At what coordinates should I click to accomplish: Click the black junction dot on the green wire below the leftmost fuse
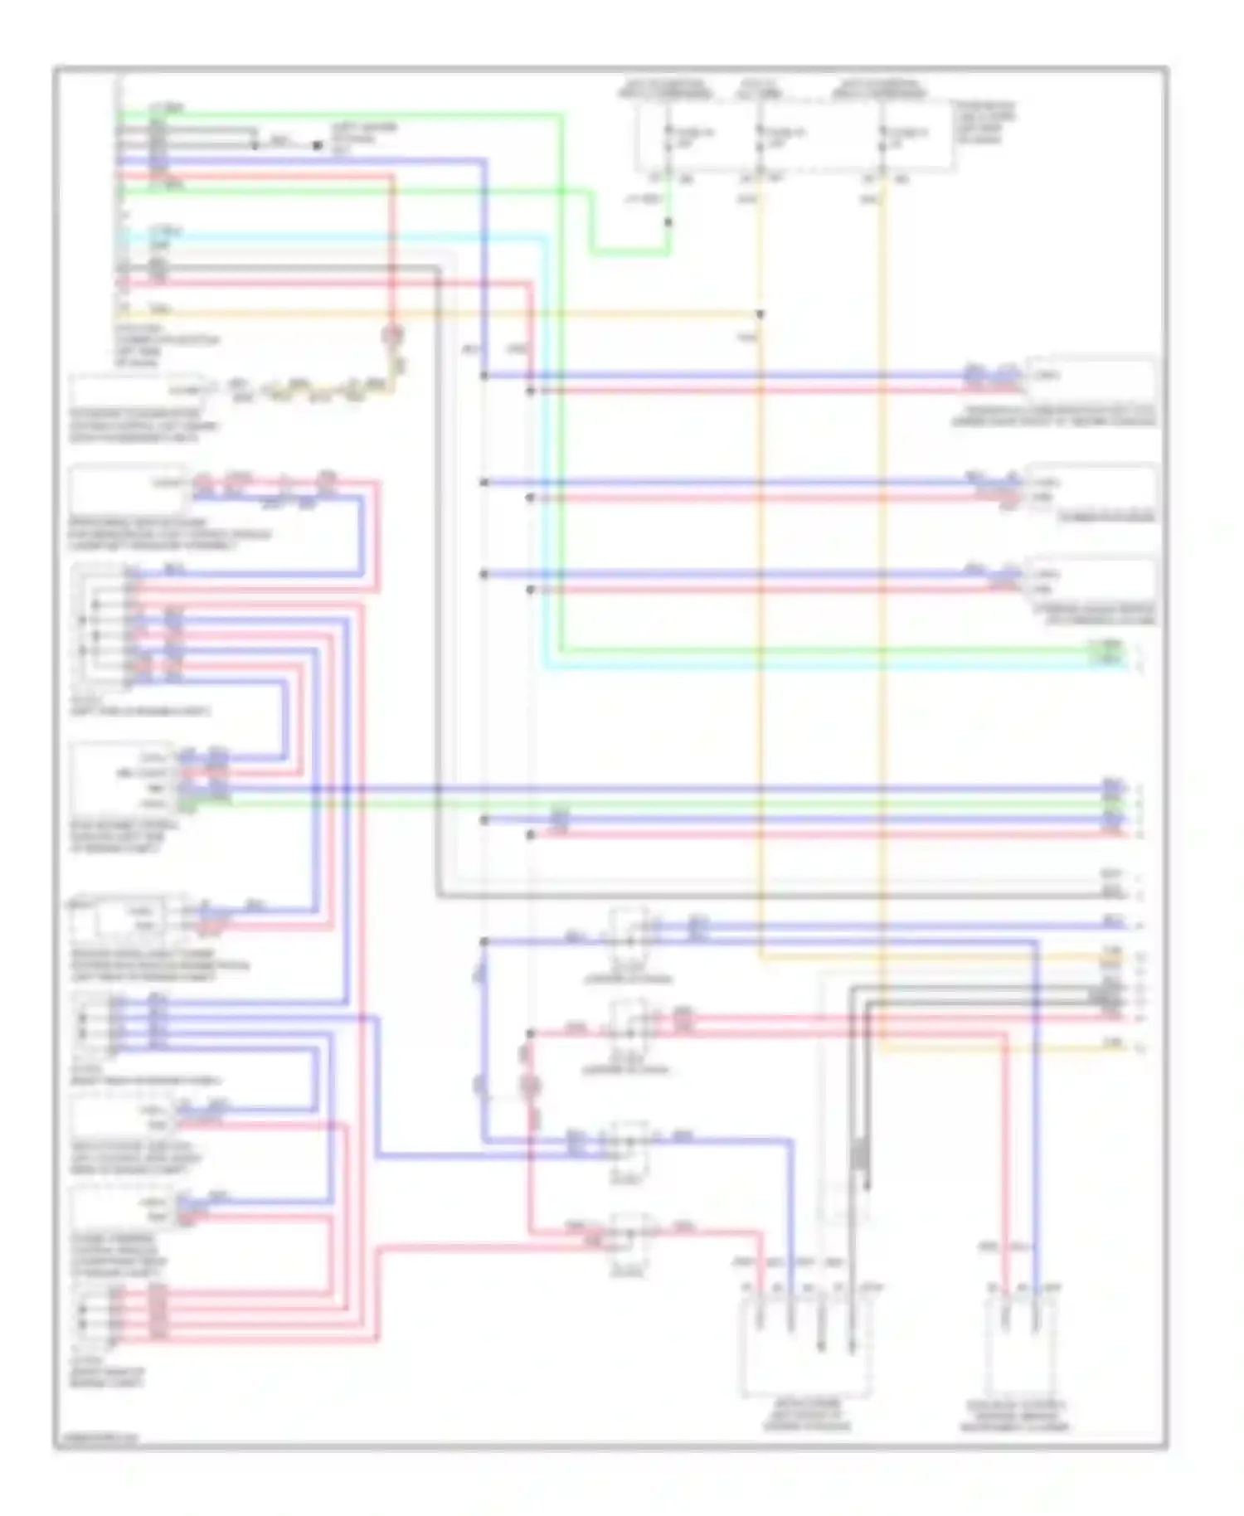click(668, 222)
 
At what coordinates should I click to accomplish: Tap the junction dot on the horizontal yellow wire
click(760, 314)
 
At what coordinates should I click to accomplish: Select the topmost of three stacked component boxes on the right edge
click(1091, 381)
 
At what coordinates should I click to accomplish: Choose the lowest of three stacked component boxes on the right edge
click(1091, 581)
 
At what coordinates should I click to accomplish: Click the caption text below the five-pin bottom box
click(806, 1415)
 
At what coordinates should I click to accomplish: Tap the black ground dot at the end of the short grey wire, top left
click(317, 145)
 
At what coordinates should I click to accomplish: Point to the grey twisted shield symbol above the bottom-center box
click(861, 1154)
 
